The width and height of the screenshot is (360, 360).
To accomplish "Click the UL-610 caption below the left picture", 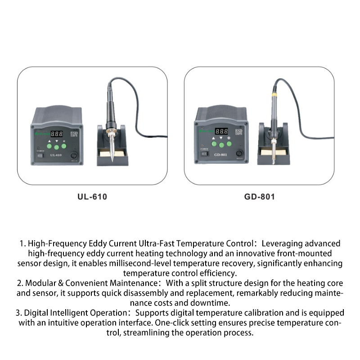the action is tap(92, 197).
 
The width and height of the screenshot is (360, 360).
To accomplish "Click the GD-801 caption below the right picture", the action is tap(260, 197).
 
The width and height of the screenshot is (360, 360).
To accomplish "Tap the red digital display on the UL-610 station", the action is tap(57, 134).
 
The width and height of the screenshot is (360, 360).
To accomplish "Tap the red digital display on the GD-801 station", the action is tap(221, 131).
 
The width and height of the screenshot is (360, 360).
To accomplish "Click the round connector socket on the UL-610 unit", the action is tap(74, 155).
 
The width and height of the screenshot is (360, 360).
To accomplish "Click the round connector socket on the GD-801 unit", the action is tap(239, 153).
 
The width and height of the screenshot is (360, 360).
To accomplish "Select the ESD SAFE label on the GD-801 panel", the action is tap(239, 132).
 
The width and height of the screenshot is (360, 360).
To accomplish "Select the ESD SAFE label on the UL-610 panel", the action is tap(74, 134).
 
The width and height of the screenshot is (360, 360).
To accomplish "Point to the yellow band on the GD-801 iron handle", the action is tap(274, 94).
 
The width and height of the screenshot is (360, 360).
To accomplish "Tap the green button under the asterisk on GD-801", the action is tap(229, 144).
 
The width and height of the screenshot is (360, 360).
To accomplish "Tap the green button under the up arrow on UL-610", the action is tap(49, 146).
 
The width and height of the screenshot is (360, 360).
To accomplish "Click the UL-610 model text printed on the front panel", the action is tap(56, 155).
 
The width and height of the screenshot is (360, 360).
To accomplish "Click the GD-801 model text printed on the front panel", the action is tap(220, 155).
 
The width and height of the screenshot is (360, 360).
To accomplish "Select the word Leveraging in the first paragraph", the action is tap(282, 244).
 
